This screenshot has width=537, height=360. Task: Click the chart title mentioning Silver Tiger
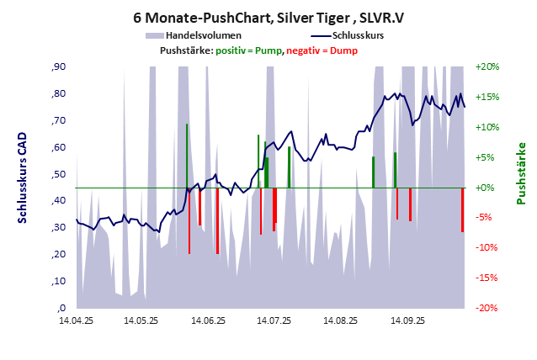268,16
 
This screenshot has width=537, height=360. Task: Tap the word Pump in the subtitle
269,50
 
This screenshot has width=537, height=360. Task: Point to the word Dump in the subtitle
343,50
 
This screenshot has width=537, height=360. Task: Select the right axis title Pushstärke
521,173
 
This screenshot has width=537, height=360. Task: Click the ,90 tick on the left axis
59,66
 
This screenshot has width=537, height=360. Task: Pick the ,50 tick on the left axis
59,174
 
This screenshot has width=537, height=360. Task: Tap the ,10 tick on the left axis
59,281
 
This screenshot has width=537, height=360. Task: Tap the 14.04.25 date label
76,320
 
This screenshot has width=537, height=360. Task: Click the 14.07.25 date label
274,320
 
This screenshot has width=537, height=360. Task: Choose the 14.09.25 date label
407,320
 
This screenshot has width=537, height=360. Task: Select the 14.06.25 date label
208,320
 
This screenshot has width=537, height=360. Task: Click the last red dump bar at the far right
462,209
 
